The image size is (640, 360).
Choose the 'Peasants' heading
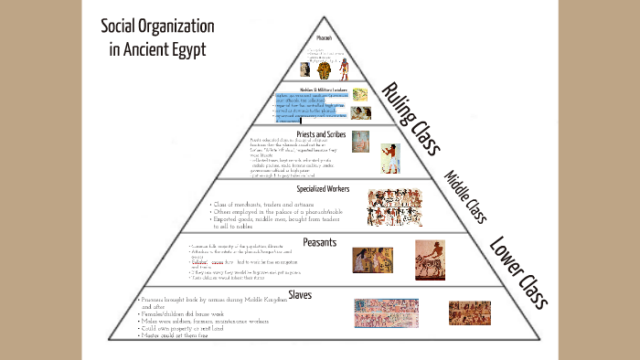coord(320,242)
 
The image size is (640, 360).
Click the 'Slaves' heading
coord(300,294)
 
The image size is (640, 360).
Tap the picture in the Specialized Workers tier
coord(395,207)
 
